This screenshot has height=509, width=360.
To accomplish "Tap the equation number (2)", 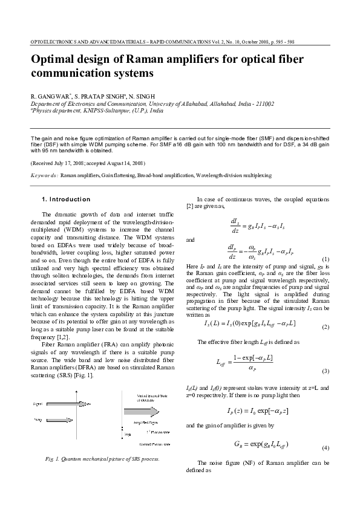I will pos(325,327).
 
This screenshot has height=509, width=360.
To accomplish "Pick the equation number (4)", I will pos(325,448).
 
